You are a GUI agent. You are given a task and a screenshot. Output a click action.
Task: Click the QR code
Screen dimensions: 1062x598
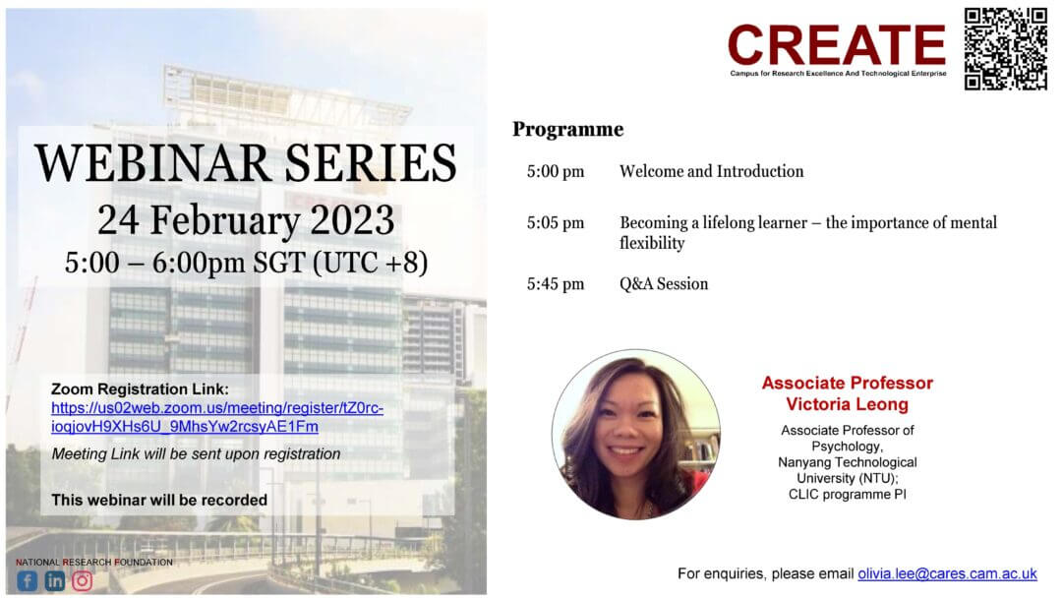(1006, 49)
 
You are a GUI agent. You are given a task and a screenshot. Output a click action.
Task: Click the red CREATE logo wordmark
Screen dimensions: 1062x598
(837, 44)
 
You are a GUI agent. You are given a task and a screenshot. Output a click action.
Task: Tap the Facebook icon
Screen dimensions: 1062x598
(28, 580)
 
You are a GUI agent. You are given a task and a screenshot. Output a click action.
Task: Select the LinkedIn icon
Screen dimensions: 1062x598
(55, 580)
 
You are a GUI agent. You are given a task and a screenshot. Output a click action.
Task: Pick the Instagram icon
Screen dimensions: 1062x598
(82, 580)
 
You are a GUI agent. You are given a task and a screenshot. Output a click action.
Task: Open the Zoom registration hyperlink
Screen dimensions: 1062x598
(216, 417)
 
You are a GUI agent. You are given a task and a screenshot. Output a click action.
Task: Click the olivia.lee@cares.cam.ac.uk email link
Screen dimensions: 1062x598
(947, 573)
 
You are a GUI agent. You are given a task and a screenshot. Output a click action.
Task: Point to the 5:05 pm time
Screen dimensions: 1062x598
(556, 223)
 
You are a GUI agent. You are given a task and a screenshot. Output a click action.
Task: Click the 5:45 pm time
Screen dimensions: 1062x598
(556, 284)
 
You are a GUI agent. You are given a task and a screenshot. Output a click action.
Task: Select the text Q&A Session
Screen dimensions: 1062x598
(664, 284)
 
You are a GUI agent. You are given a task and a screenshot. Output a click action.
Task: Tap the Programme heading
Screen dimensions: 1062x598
(567, 130)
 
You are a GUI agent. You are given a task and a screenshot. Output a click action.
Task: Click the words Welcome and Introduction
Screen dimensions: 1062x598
(711, 171)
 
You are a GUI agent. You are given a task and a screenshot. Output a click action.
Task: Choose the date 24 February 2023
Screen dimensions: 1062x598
(246, 220)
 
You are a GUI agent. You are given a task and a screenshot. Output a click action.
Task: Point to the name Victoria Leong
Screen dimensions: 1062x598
(847, 404)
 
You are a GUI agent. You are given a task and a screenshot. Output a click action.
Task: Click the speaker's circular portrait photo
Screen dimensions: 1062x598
(635, 434)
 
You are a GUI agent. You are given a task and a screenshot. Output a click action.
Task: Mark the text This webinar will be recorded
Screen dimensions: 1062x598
(159, 500)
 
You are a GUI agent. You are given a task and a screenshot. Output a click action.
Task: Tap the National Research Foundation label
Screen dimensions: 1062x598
(94, 563)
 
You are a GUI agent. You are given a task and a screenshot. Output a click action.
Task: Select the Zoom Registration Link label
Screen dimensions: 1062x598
(140, 389)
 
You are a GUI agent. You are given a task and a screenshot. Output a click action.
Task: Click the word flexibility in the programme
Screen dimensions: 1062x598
(652, 243)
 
